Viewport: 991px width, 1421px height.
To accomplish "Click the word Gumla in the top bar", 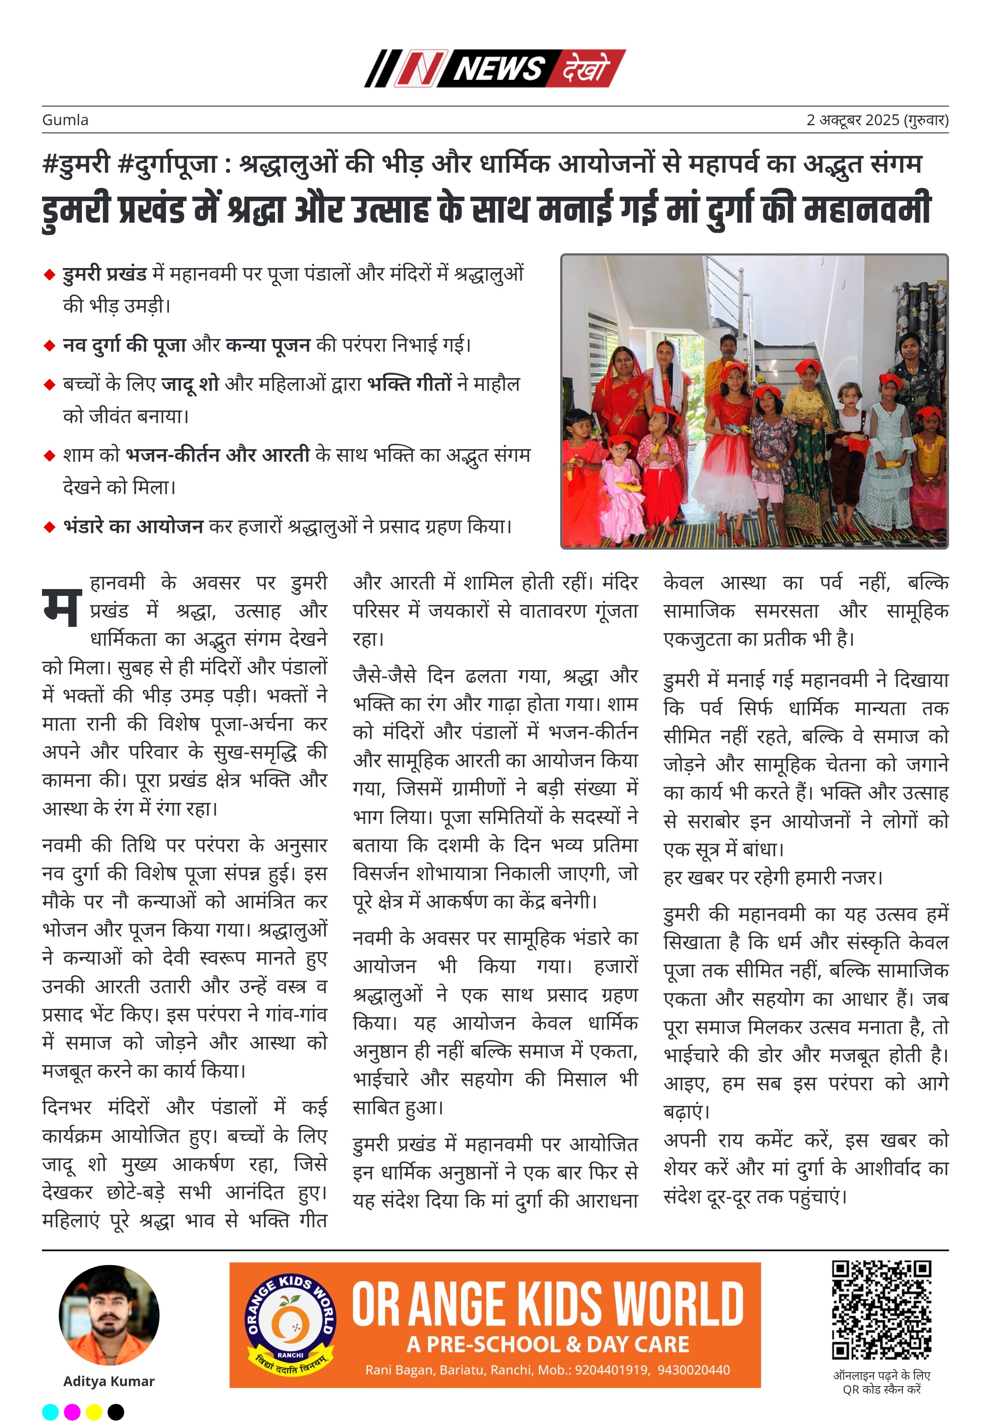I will click(x=65, y=120).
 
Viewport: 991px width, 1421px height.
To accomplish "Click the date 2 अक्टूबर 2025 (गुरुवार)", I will click(x=876, y=120).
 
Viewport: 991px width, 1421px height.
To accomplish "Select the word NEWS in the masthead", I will click(x=498, y=68).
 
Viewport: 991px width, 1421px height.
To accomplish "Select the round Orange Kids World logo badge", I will click(x=291, y=1324).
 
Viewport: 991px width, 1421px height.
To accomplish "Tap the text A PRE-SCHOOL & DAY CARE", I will click(x=548, y=1344).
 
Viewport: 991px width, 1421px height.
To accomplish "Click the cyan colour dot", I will click(x=50, y=1412).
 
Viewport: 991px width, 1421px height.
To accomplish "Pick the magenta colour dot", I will click(x=72, y=1412).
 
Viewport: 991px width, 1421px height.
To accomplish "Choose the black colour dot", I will click(x=115, y=1412).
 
